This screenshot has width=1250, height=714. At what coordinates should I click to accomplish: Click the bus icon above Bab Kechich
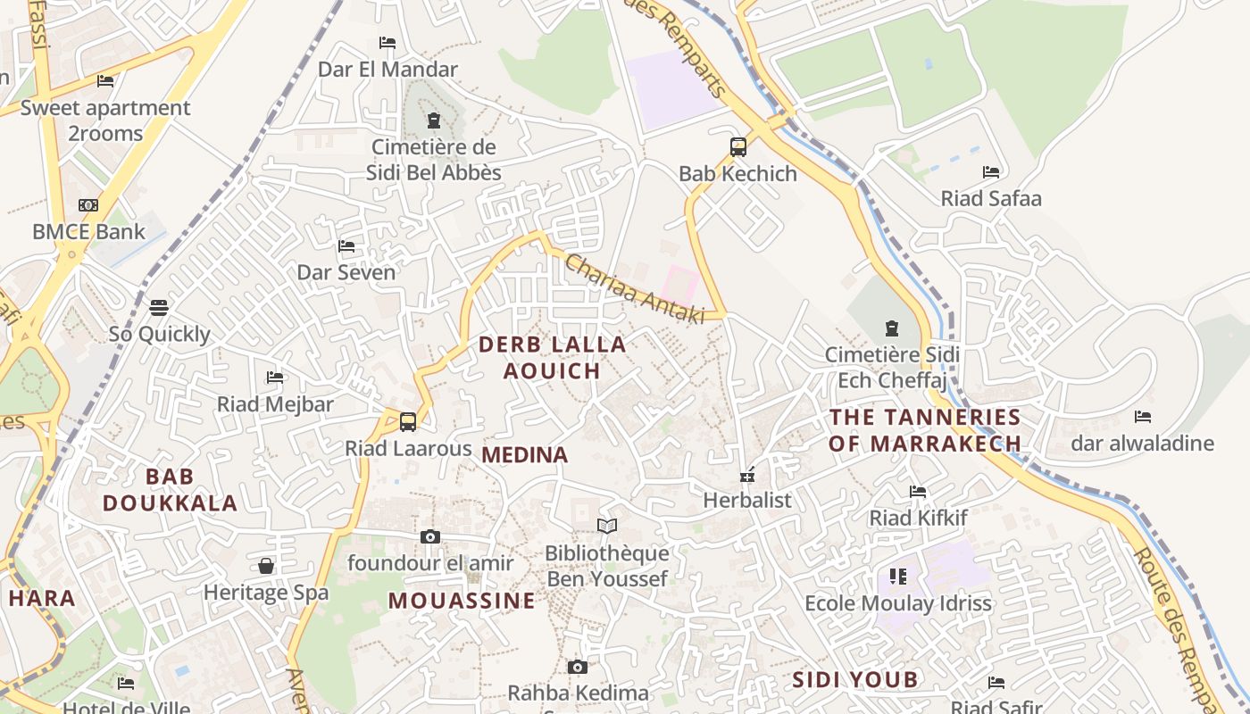pyautogui.click(x=738, y=147)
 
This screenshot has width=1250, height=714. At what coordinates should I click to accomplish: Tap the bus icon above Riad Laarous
pyautogui.click(x=408, y=421)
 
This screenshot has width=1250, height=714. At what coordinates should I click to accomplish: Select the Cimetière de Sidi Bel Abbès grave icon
pyautogui.click(x=434, y=120)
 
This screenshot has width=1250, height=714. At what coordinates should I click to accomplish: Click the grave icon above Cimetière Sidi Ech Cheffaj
pyautogui.click(x=891, y=328)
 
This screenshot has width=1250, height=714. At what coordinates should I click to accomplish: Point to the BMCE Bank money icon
pyautogui.click(x=88, y=205)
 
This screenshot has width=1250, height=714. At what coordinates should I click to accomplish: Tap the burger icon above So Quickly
pyautogui.click(x=159, y=308)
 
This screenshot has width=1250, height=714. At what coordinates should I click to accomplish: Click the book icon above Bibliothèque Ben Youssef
pyautogui.click(x=607, y=527)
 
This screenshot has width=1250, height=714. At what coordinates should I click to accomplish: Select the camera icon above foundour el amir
pyautogui.click(x=430, y=536)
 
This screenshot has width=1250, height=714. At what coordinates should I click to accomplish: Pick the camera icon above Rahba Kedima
pyautogui.click(x=578, y=667)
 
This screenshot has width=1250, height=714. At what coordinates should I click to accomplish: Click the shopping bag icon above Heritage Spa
pyautogui.click(x=266, y=566)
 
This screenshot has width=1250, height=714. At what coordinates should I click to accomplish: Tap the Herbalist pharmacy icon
pyautogui.click(x=747, y=474)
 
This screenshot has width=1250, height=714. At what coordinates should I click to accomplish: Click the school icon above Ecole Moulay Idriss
pyautogui.click(x=898, y=577)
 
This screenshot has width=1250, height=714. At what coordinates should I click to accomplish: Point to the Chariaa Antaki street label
pyautogui.click(x=635, y=288)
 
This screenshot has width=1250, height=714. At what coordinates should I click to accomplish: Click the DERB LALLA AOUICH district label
pyautogui.click(x=552, y=357)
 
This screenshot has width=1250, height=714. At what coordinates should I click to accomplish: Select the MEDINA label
pyautogui.click(x=525, y=455)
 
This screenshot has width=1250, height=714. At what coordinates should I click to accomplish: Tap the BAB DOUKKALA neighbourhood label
pyautogui.click(x=170, y=490)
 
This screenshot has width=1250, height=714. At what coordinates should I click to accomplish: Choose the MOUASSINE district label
pyautogui.click(x=462, y=601)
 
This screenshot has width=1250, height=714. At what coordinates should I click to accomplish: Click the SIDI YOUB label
pyautogui.click(x=855, y=680)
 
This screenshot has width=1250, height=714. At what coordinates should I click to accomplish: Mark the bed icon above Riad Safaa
pyautogui.click(x=991, y=171)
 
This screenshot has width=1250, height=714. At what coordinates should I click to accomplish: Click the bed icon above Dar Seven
pyautogui.click(x=346, y=245)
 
